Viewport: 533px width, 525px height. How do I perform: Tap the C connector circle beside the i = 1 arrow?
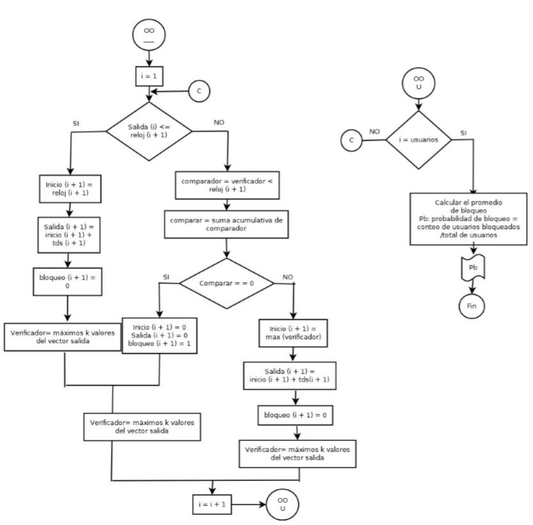(x=199, y=91)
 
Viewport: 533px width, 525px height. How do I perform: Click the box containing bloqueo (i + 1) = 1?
(x=160, y=336)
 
